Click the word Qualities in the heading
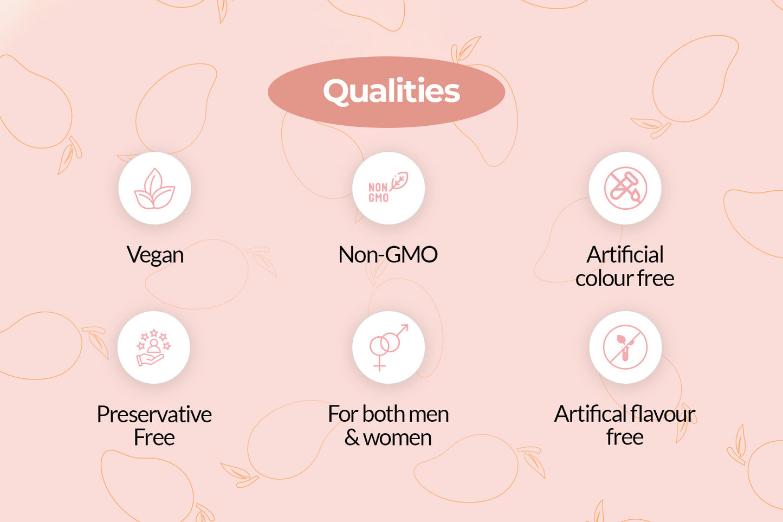click(x=391, y=91)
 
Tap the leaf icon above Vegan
click(x=154, y=189)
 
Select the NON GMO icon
click(x=389, y=188)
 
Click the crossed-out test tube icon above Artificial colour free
click(x=625, y=188)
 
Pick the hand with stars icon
click(x=154, y=347)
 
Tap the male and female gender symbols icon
click(x=389, y=347)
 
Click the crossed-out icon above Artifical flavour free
click(x=625, y=347)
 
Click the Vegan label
click(x=155, y=255)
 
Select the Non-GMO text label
click(x=388, y=254)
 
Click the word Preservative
click(x=154, y=414)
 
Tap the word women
click(x=397, y=438)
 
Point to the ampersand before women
click(x=352, y=437)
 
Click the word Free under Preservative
click(x=154, y=437)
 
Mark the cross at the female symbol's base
click(x=379, y=366)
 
